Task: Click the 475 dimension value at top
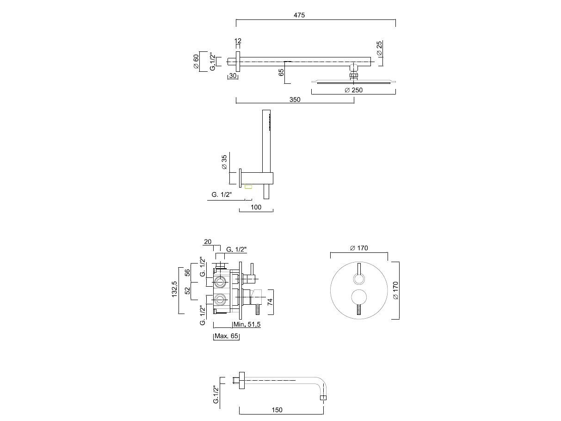(299, 15)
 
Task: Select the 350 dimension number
(295, 100)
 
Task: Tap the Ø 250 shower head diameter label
(353, 90)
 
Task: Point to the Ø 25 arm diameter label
(380, 48)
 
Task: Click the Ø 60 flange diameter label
(196, 62)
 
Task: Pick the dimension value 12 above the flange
(238, 41)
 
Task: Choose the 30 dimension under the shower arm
(233, 76)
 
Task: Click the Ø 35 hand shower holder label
(224, 162)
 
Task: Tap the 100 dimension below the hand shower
(256, 207)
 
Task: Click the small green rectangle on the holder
(248, 187)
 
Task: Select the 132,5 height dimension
(174, 289)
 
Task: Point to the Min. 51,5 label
(247, 325)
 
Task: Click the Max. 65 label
(227, 336)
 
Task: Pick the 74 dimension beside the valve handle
(270, 302)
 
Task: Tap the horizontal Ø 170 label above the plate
(359, 248)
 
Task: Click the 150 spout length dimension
(277, 410)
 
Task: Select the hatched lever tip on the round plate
(359, 311)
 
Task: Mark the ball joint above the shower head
(354, 69)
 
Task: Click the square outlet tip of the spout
(323, 398)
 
